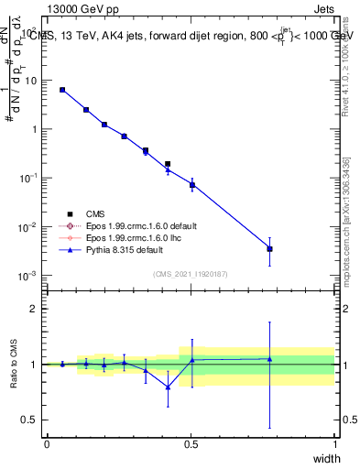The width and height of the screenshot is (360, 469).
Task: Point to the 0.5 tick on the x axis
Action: click(x=191, y=443)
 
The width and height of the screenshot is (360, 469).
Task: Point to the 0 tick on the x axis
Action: click(x=47, y=443)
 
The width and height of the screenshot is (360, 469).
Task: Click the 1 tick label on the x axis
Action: click(x=334, y=443)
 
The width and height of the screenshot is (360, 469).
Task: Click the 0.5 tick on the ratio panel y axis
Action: click(x=28, y=420)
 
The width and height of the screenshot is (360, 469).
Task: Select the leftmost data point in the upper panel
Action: click(x=62, y=90)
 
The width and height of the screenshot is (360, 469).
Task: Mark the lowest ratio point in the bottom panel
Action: click(x=168, y=387)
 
